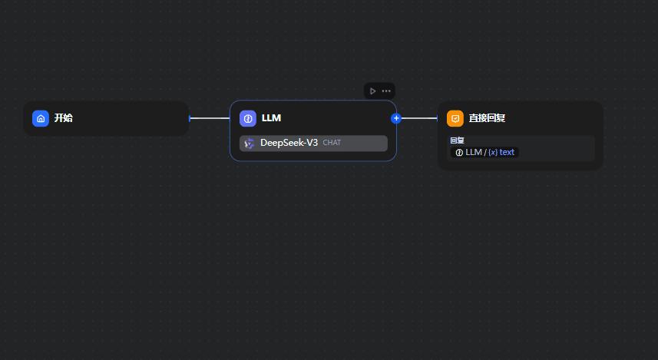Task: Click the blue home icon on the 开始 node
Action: (41, 118)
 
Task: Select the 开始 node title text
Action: (64, 118)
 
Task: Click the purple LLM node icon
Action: (248, 118)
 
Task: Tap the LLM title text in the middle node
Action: (271, 118)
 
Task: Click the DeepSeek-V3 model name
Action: (289, 143)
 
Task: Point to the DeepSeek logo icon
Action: (249, 144)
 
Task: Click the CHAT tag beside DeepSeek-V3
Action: (332, 143)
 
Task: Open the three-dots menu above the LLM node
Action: (386, 91)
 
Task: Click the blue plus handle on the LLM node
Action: (396, 118)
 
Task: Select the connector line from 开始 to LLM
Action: (210, 118)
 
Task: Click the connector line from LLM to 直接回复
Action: (418, 118)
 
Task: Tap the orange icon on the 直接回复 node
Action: (455, 118)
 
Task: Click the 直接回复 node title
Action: (487, 118)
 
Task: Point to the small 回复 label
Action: (457, 140)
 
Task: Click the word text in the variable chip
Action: (507, 152)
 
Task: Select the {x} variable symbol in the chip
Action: (492, 152)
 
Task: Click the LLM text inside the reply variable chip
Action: (473, 152)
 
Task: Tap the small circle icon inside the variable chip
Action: (459, 152)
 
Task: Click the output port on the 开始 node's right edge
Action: (190, 118)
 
